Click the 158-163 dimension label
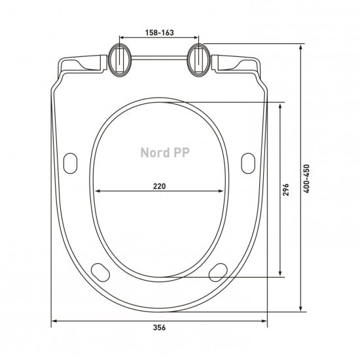tap(159, 33)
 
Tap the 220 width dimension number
tap(159, 186)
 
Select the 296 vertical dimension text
tap(285, 189)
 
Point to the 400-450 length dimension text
tap(306, 179)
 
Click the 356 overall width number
tap(159, 327)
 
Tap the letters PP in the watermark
tap(181, 153)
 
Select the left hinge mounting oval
tap(120, 60)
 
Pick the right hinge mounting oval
tap(198, 60)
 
